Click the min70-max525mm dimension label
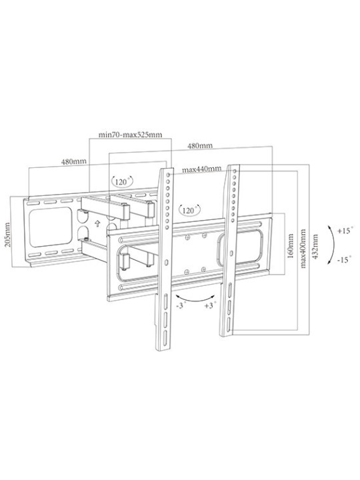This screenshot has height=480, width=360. tap(131, 135)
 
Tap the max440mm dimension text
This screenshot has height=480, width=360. tap(202, 169)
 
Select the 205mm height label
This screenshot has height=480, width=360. tap(7, 235)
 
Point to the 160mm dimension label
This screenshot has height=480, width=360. tap(291, 246)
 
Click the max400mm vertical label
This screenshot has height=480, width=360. tap(303, 248)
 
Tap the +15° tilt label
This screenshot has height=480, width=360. tap(345, 230)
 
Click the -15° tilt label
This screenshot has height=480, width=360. tap(345, 260)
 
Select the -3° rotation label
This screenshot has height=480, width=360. tap(181, 305)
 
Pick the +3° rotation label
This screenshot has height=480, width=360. tap(211, 305)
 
